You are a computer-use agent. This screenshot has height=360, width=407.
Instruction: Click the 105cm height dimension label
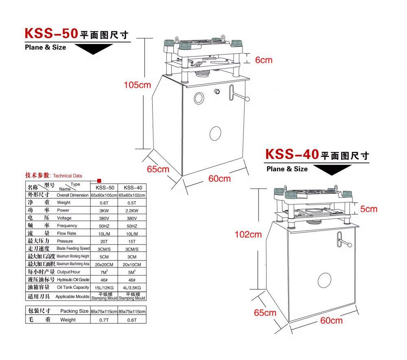137,85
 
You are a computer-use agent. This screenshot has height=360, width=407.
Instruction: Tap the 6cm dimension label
264,60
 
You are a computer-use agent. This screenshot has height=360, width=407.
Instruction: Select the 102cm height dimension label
248,234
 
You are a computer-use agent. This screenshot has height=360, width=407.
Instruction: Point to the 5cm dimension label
369,209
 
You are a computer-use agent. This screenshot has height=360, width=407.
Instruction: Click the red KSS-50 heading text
51,33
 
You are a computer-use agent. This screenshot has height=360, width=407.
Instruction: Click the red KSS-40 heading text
292,154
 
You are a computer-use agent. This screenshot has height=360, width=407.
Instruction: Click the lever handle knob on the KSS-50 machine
247,99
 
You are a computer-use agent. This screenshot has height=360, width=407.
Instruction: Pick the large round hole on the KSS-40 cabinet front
324,280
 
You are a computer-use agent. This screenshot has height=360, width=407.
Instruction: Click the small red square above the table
99,181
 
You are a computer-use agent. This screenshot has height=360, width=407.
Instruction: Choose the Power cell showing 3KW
104,211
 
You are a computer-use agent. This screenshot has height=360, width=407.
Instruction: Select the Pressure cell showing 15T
132,242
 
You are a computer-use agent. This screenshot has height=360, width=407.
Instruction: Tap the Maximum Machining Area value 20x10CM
132,264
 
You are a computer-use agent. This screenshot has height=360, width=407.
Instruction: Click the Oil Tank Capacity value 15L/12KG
104,288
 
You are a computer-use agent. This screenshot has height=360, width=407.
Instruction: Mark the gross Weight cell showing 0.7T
104,320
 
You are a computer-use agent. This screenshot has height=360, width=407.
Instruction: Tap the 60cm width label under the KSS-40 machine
331,320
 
